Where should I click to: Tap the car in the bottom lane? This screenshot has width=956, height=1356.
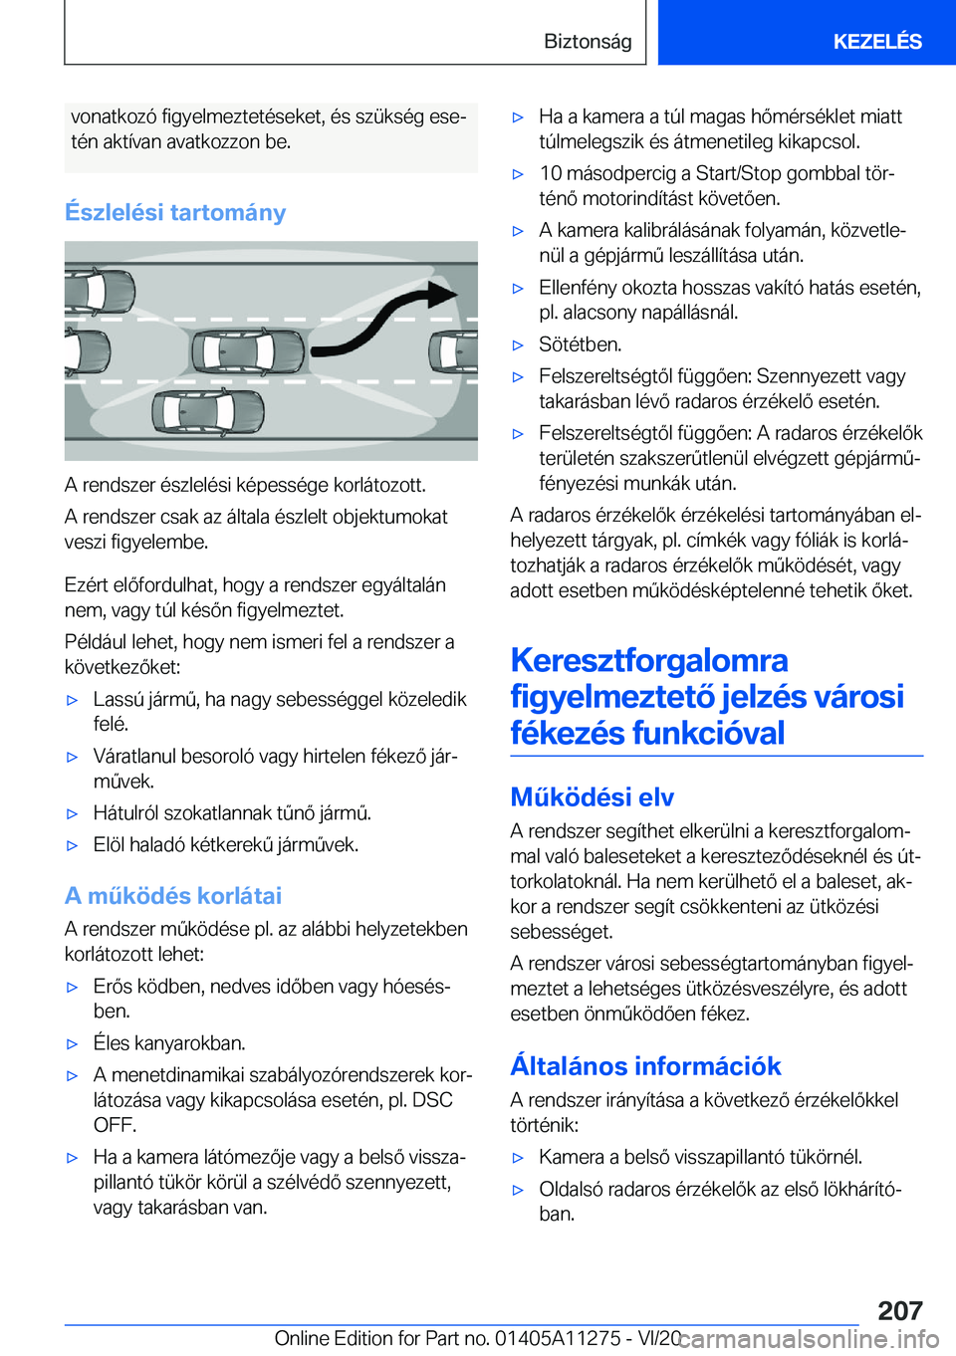pyautogui.click(x=208, y=411)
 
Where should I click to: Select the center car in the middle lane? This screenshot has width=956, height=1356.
pyautogui.click(x=247, y=351)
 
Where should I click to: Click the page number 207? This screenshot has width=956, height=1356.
pyautogui.click(x=900, y=1310)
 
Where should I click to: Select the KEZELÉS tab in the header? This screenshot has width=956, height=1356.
pyautogui.click(x=876, y=41)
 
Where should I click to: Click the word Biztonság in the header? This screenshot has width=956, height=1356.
pyautogui.click(x=588, y=41)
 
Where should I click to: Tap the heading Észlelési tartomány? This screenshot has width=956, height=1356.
pyautogui.click(x=175, y=212)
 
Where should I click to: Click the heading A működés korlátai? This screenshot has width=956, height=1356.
pyautogui.click(x=173, y=895)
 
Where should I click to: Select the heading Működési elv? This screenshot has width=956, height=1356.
pyautogui.click(x=592, y=796)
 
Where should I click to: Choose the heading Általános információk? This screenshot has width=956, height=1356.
pyautogui.click(x=645, y=1065)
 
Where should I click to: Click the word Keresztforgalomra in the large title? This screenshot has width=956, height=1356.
pyautogui.click(x=648, y=660)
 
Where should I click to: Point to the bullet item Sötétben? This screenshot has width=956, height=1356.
pyautogui.click(x=580, y=344)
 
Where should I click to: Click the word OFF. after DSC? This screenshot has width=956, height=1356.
pyautogui.click(x=115, y=1125)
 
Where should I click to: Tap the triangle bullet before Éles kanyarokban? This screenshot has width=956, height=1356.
pyautogui.click(x=72, y=1044)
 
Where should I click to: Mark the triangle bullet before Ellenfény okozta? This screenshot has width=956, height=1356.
pyautogui.click(x=518, y=289)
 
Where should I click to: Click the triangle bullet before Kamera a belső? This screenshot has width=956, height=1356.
pyautogui.click(x=518, y=1158)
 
